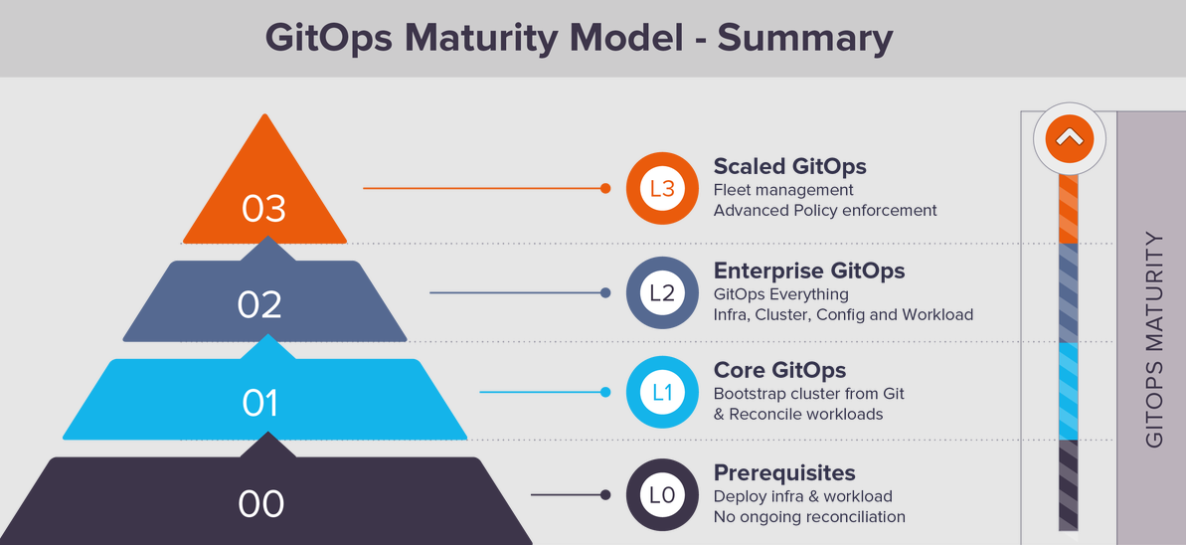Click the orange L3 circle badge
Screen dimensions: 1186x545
(662, 189)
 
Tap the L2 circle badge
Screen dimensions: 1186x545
(662, 293)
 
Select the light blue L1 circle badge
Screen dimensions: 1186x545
(662, 392)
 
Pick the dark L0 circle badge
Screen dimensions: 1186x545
(662, 495)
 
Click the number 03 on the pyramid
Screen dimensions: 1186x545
(264, 209)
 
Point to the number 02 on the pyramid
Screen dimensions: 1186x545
(259, 304)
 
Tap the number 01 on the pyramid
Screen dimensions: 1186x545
(260, 404)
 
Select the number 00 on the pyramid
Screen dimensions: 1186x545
(261, 504)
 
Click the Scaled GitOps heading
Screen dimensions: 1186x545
(790, 166)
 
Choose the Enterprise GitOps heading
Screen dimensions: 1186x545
(809, 271)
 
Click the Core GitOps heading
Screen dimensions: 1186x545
(779, 370)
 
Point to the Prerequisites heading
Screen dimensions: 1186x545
(784, 473)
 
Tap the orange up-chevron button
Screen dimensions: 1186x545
(1069, 138)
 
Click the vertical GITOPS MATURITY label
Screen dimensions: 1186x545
(1154, 340)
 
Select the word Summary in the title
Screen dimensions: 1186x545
(805, 38)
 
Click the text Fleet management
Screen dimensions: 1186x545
(783, 189)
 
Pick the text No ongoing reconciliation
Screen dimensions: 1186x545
(809, 518)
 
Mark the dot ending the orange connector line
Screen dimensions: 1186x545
(605, 189)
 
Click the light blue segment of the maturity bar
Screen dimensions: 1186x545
(1068, 391)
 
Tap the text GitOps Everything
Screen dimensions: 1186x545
(781, 293)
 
